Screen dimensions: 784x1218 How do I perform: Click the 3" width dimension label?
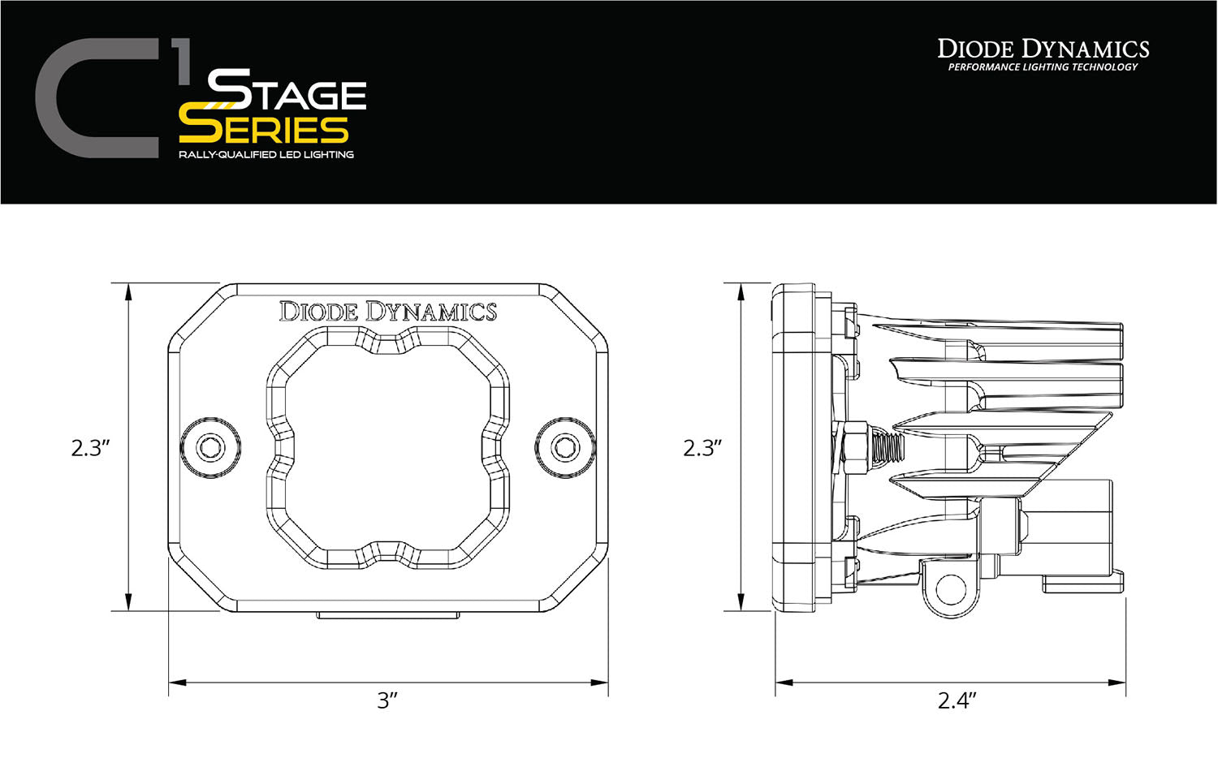(387, 700)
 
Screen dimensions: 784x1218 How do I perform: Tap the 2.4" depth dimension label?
(957, 700)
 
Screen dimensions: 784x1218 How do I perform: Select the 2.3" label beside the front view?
(90, 447)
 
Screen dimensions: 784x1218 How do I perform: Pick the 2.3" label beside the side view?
(702, 447)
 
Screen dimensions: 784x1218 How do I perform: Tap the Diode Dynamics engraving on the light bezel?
(387, 312)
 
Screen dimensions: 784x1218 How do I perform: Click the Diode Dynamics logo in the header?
(1043, 49)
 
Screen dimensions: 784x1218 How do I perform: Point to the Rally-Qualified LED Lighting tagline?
(266, 154)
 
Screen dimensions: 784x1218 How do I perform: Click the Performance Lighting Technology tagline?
(1043, 67)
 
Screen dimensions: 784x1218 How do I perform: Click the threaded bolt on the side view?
(887, 446)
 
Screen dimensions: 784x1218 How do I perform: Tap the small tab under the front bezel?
(387, 616)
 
